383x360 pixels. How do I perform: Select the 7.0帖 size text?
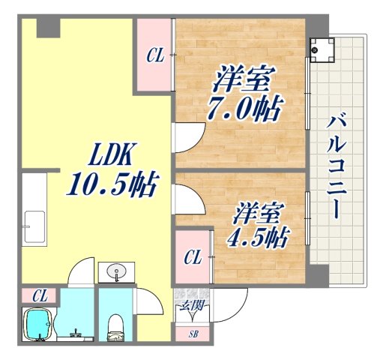pyautogui.click(x=243, y=109)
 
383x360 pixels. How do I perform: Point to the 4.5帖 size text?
pyautogui.click(x=258, y=237)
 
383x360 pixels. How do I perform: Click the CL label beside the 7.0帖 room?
pyautogui.click(x=154, y=55)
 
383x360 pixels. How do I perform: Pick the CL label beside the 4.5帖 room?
pyautogui.click(x=193, y=259)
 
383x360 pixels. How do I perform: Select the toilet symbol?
pyautogui.click(x=115, y=325)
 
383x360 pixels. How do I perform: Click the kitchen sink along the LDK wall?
pyautogui.click(x=34, y=223)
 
